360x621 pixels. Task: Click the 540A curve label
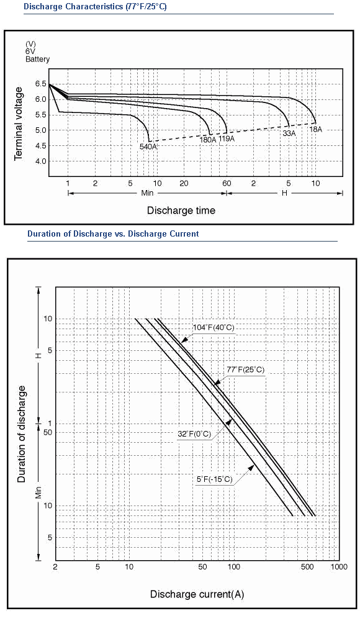coord(148,147)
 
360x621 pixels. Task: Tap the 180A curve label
coord(208,139)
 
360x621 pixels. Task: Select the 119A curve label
coord(227,138)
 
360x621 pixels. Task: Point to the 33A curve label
coord(289,134)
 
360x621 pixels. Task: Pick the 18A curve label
coord(316,129)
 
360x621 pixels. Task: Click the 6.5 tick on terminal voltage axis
coord(40,84)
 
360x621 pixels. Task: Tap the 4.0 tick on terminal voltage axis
coord(40,161)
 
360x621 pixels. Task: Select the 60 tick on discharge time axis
coord(227,183)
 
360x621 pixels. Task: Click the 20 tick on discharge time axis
coord(184,183)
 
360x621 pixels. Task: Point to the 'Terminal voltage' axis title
coord(18,124)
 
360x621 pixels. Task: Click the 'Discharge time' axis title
coord(181,211)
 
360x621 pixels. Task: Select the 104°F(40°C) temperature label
coord(214,327)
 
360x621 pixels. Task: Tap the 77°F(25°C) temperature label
coord(246,370)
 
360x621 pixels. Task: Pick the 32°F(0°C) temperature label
coord(194,434)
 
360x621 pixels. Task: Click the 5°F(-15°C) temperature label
coord(215,479)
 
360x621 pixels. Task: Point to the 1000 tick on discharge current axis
coord(339,567)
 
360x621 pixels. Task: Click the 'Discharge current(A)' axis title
coord(197,594)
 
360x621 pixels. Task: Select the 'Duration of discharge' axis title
coord(22,434)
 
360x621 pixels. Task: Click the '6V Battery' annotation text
coord(38,55)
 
